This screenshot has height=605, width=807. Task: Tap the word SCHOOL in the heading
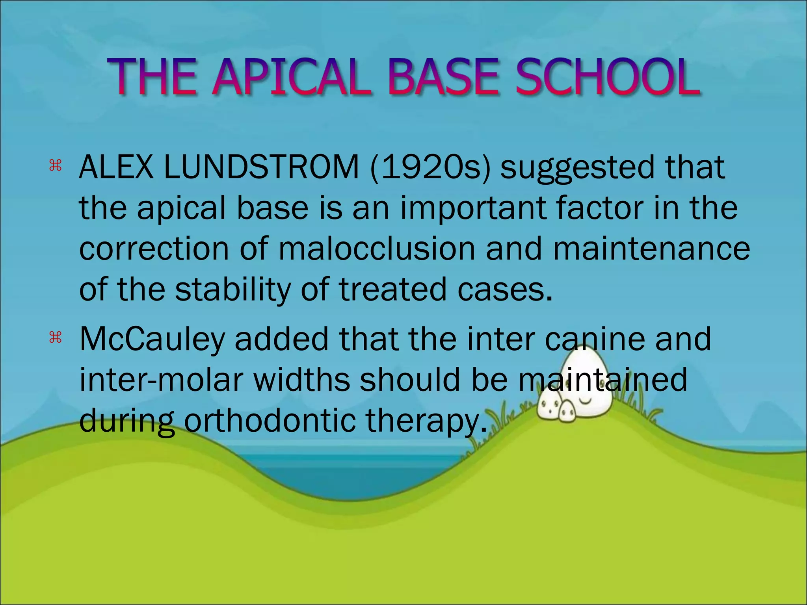[607, 77]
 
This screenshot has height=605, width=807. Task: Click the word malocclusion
[377, 249]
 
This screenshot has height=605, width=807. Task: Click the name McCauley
[152, 340]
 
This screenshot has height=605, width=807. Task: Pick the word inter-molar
[161, 380]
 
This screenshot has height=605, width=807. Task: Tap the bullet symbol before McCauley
[56, 338]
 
